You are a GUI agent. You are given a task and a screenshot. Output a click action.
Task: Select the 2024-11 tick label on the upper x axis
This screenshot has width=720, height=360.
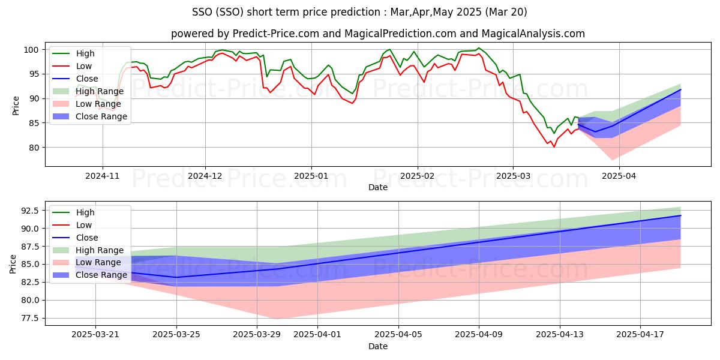coord(103,176)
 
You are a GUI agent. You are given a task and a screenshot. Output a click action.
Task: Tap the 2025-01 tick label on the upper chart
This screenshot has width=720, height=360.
coord(311,176)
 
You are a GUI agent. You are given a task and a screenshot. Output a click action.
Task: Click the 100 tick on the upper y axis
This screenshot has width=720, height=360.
coord(35,49)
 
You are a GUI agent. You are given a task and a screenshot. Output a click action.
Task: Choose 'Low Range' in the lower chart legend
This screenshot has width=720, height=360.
coord(98,263)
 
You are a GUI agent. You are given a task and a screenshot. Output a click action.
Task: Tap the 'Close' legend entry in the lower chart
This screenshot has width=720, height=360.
coord(87,238)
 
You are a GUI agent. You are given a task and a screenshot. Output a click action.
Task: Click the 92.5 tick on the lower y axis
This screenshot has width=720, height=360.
coord(30,211)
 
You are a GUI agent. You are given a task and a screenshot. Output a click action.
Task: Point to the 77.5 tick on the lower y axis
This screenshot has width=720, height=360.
coord(30,318)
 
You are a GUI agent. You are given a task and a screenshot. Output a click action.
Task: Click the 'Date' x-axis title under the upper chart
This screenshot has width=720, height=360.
coord(377,187)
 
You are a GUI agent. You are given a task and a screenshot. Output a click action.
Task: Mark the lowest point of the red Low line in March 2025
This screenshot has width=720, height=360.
coord(554,146)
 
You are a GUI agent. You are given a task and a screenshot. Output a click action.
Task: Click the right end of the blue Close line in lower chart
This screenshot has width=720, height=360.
coord(680,215)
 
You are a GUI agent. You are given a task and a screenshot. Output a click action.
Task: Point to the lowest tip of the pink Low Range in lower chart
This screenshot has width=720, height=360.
coord(278,319)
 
